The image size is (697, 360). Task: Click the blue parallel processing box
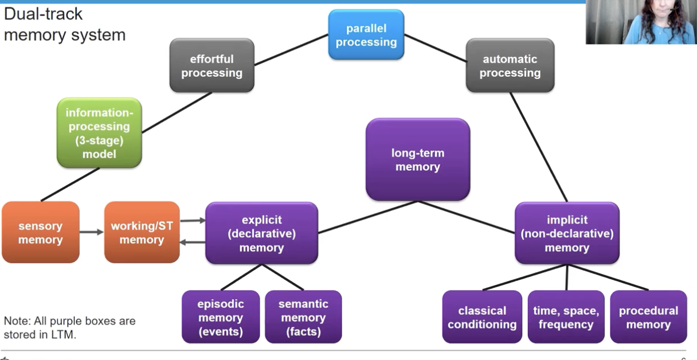[x=366, y=34]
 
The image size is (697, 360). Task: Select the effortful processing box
[x=212, y=65]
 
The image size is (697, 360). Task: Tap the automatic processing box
[x=510, y=65]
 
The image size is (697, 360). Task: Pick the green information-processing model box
[x=99, y=133]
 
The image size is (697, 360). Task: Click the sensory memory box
[x=41, y=232]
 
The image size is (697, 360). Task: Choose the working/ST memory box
[x=142, y=232]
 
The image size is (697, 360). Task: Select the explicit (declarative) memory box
[x=262, y=233]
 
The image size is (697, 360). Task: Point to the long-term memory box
[x=418, y=159]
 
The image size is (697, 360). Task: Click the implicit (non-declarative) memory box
[x=567, y=233]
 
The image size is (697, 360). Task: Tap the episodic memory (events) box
[x=221, y=317]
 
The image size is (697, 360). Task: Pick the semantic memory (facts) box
[x=303, y=317]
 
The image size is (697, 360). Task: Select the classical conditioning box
[x=482, y=317]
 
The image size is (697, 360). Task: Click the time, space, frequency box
[x=566, y=317]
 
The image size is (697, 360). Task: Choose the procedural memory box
[x=648, y=317]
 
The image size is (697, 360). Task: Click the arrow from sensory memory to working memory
[x=92, y=232]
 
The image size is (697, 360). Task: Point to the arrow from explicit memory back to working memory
[x=193, y=242]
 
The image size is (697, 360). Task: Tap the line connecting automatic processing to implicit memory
[x=539, y=147]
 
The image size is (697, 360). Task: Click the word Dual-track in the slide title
[x=43, y=14]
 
